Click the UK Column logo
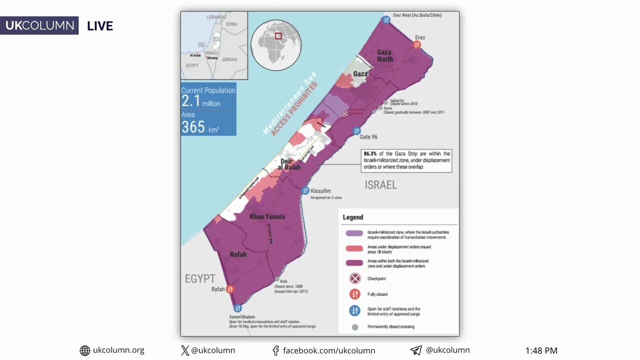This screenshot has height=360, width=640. (39, 25)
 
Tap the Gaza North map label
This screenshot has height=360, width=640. (384, 55)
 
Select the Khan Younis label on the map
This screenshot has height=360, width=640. (267, 216)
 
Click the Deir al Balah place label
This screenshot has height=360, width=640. (289, 164)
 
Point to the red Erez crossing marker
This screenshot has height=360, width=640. (416, 45)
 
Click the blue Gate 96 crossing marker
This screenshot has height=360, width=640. (356, 131)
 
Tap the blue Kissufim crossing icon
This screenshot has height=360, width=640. (305, 190)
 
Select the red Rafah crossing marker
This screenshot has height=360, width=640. (230, 289)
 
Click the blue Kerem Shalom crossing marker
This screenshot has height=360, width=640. (238, 308)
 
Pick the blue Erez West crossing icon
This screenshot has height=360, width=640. (386, 20)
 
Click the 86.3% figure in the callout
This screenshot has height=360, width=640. (370, 153)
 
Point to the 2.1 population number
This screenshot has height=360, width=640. (191, 101)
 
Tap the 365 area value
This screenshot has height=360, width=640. (193, 127)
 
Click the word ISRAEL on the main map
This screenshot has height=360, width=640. (380, 185)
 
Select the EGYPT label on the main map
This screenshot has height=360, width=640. (200, 278)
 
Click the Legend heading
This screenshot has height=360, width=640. (352, 217)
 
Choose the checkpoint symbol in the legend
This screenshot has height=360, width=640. (355, 278)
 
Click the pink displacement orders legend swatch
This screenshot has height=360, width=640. (354, 248)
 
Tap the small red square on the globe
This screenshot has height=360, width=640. (278, 36)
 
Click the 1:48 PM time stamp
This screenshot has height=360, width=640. (541, 350)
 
